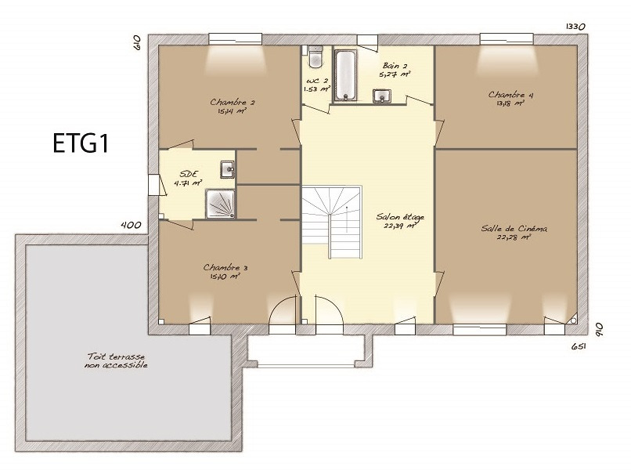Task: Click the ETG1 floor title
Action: click(81, 143)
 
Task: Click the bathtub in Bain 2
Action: click(346, 75)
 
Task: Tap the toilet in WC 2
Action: click(315, 56)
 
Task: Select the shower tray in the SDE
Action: click(220, 204)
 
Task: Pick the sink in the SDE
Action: click(227, 169)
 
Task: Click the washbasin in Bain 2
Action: click(381, 96)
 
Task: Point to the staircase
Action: click(332, 222)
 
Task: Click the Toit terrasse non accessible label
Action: click(116, 361)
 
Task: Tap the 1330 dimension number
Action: click(575, 27)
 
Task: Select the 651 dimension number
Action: click(579, 346)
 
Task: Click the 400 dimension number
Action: click(132, 225)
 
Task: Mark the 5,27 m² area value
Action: click(395, 74)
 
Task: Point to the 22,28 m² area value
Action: click(514, 237)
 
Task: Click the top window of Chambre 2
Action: click(236, 39)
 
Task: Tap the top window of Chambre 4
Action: click(507, 39)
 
